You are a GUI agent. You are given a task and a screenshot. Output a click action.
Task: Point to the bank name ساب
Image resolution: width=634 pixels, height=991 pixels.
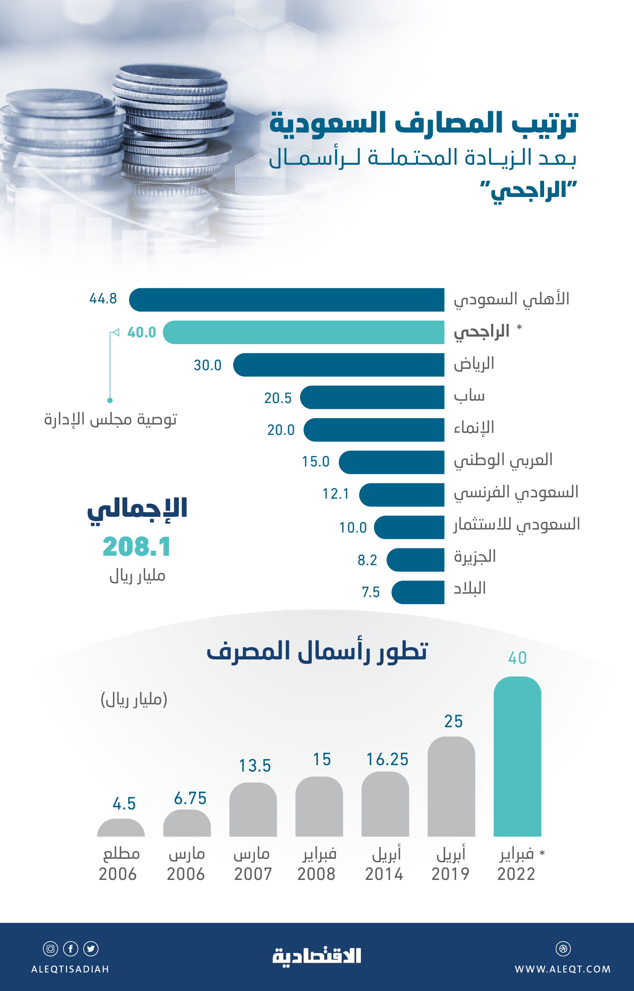point(469,396)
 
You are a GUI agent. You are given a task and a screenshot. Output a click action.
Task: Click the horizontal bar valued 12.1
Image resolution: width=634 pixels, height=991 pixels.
point(402,494)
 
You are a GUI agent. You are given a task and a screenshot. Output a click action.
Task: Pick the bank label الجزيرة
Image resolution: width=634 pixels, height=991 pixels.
point(475,556)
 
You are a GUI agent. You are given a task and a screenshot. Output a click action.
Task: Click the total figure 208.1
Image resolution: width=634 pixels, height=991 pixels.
point(136,547)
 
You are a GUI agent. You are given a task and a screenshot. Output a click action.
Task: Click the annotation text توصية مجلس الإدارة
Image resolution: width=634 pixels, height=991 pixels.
point(110,419)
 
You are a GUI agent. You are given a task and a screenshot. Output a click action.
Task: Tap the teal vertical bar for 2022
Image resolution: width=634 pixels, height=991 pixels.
point(517,758)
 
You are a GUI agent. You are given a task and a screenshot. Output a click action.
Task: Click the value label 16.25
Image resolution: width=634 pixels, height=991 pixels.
point(387,759)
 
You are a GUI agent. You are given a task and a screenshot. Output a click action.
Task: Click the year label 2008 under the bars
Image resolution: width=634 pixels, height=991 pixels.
point(316,874)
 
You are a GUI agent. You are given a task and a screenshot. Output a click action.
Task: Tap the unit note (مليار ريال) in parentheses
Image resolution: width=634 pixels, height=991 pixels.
point(134,699)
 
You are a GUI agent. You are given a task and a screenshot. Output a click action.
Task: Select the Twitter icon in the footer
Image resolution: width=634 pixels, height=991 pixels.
point(91,949)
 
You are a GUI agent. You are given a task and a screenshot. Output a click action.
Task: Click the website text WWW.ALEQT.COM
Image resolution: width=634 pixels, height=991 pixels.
point(562,969)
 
